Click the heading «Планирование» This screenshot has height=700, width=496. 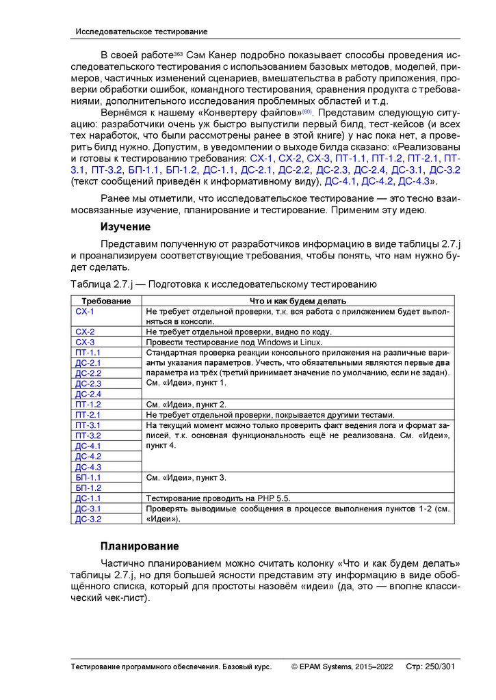(140, 546)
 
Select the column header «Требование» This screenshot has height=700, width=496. (106, 301)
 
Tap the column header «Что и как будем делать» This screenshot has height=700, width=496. (298, 301)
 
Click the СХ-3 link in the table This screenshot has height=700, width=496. (85, 342)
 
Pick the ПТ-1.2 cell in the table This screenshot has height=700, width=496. (88, 404)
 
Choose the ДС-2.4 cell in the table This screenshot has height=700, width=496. (88, 394)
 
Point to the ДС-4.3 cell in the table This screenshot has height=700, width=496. (88, 467)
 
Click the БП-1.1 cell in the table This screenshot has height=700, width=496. (88, 477)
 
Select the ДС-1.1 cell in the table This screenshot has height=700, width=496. (88, 498)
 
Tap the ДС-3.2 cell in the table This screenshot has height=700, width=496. (88, 519)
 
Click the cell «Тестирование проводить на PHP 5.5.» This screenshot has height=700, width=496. (222, 498)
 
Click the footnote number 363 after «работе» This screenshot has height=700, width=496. (179, 52)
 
